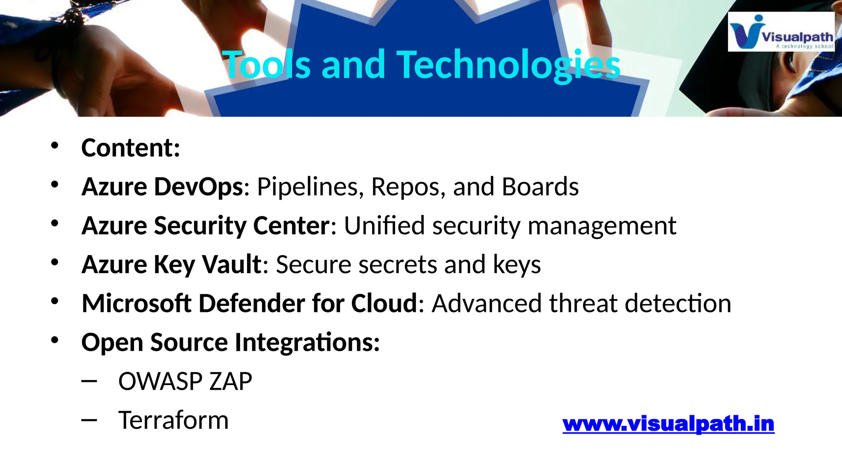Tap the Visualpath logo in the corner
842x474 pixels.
[781, 32]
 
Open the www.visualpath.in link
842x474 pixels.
[668, 424]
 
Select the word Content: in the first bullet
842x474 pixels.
[131, 148]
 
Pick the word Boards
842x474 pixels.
[540, 187]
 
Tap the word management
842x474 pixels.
[601, 226]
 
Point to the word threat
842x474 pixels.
[583, 303]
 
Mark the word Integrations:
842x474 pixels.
[307, 342]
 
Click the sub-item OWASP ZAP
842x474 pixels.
[185, 381]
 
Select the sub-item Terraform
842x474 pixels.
[173, 420]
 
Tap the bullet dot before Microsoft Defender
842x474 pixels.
[55, 301]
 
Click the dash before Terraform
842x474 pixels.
[89, 420]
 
